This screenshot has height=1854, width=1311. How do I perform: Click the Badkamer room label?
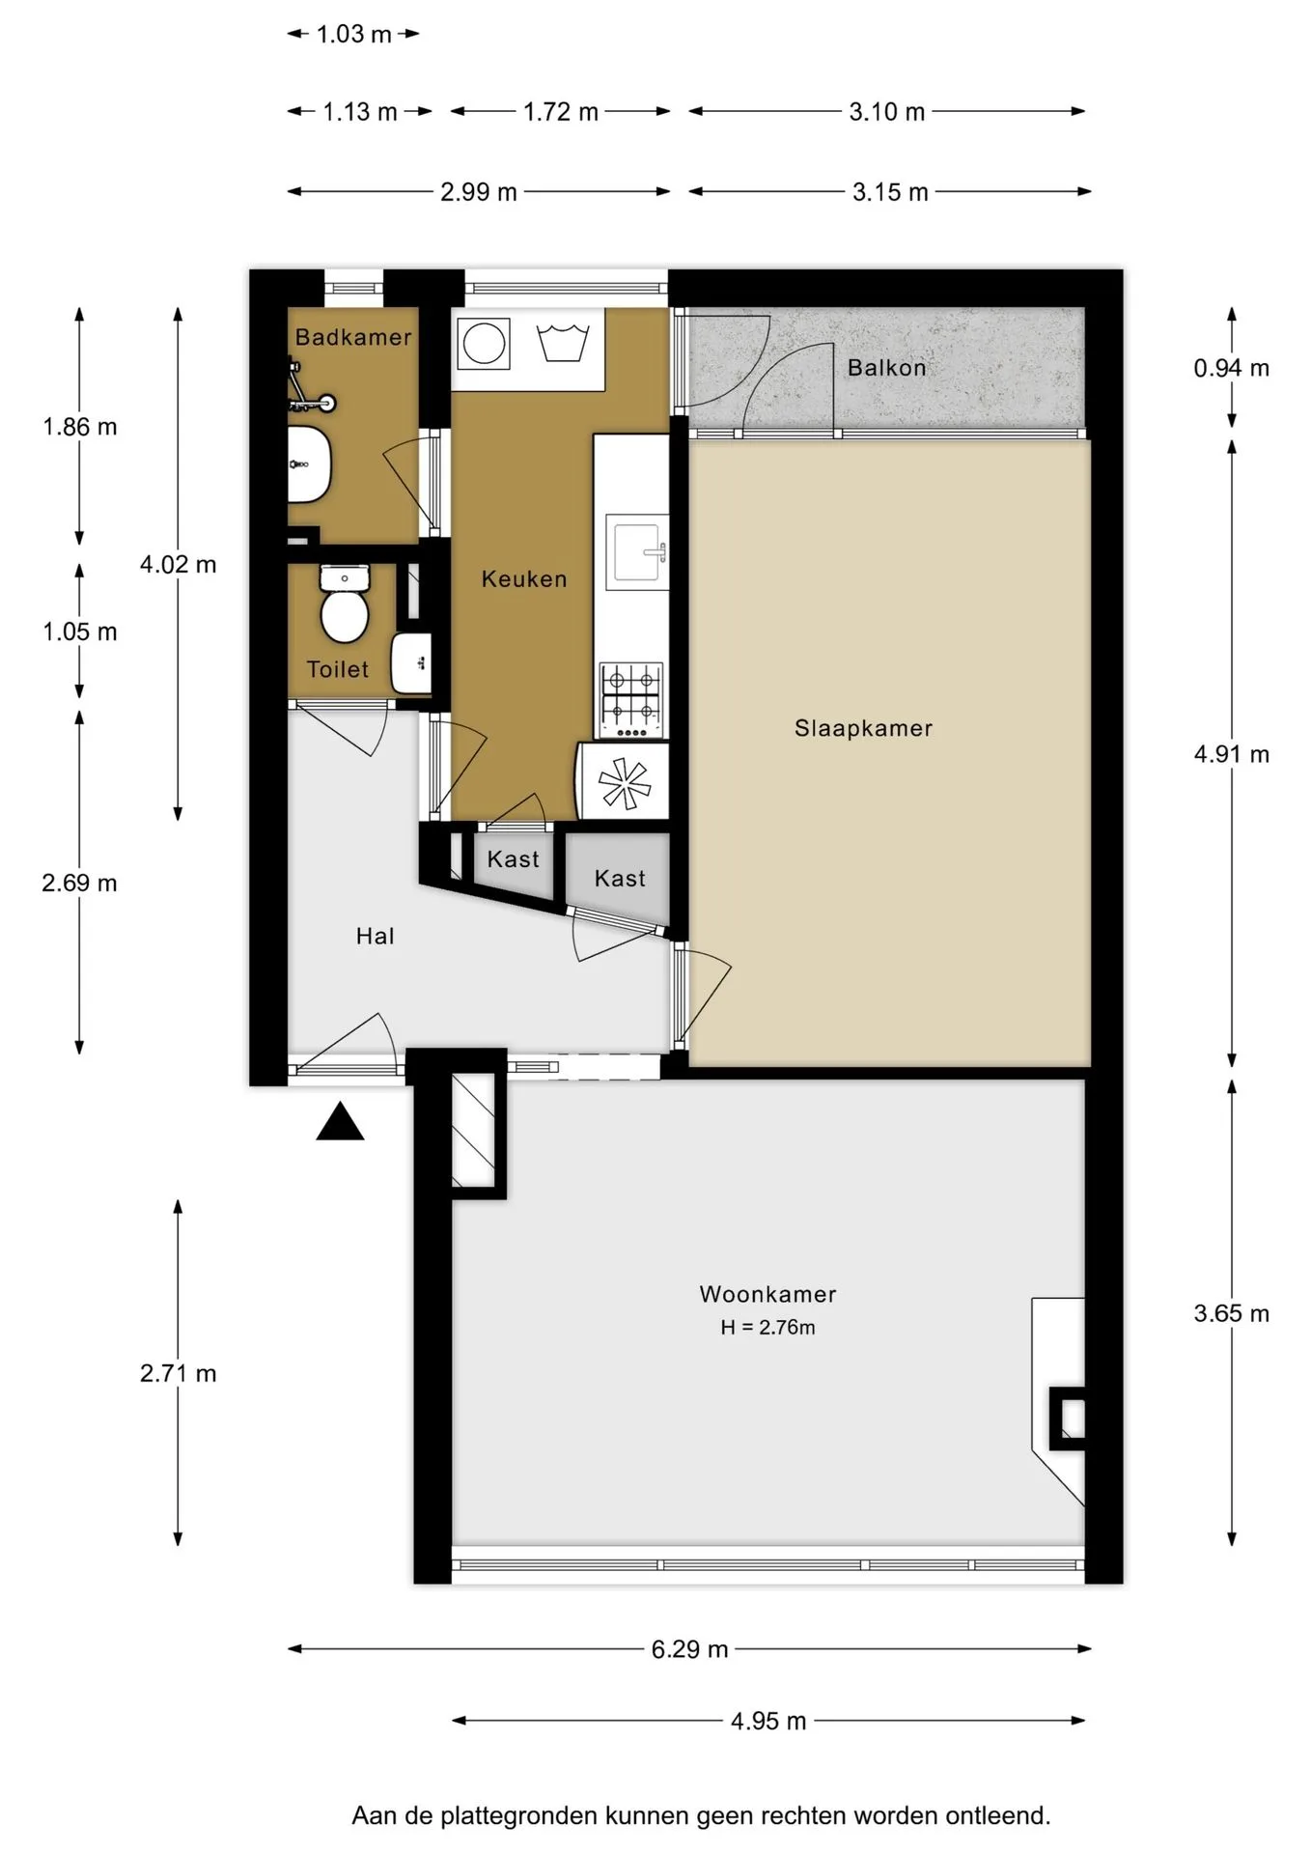pos(353,338)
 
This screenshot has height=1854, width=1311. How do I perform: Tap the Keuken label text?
pos(524,579)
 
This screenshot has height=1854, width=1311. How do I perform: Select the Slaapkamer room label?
pos(864,729)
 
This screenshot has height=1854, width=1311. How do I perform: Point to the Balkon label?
pos(887,368)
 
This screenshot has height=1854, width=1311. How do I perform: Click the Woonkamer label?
pos(768,1294)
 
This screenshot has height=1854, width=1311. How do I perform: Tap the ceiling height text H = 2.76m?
pos(768,1328)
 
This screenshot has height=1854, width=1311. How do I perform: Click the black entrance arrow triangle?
pos(340,1122)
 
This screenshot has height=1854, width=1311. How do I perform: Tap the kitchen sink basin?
pos(637,552)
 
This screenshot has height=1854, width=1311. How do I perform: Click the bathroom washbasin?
pos(309,464)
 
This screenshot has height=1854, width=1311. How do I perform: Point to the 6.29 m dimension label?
pos(690,1649)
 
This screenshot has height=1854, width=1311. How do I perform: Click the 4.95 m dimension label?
pos(768,1721)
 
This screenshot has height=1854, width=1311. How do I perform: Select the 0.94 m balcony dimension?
pos(1232,369)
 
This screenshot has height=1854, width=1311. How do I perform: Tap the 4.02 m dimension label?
pos(179,565)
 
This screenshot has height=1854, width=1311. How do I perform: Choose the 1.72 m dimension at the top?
pos(561,112)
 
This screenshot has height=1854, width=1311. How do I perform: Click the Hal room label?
pos(376,937)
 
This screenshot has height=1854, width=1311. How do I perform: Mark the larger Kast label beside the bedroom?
pos(620,879)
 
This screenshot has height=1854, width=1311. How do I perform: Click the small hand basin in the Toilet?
pos(411,662)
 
